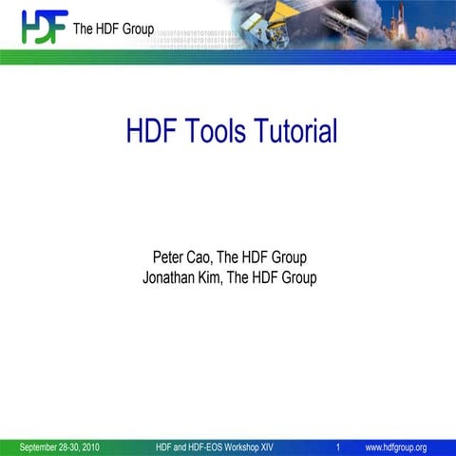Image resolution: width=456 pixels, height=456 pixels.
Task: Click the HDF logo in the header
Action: (x=44, y=26)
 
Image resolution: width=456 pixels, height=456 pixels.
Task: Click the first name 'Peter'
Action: (x=172, y=257)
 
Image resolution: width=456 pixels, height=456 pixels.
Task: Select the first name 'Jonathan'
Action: (x=174, y=278)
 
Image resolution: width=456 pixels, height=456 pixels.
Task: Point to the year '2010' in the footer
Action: (x=90, y=446)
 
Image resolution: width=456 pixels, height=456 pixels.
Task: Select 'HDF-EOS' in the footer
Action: (x=212, y=446)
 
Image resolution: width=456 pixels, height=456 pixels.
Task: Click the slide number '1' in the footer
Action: (x=338, y=446)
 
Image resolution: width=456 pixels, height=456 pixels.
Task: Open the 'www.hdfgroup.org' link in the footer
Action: (x=396, y=446)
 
